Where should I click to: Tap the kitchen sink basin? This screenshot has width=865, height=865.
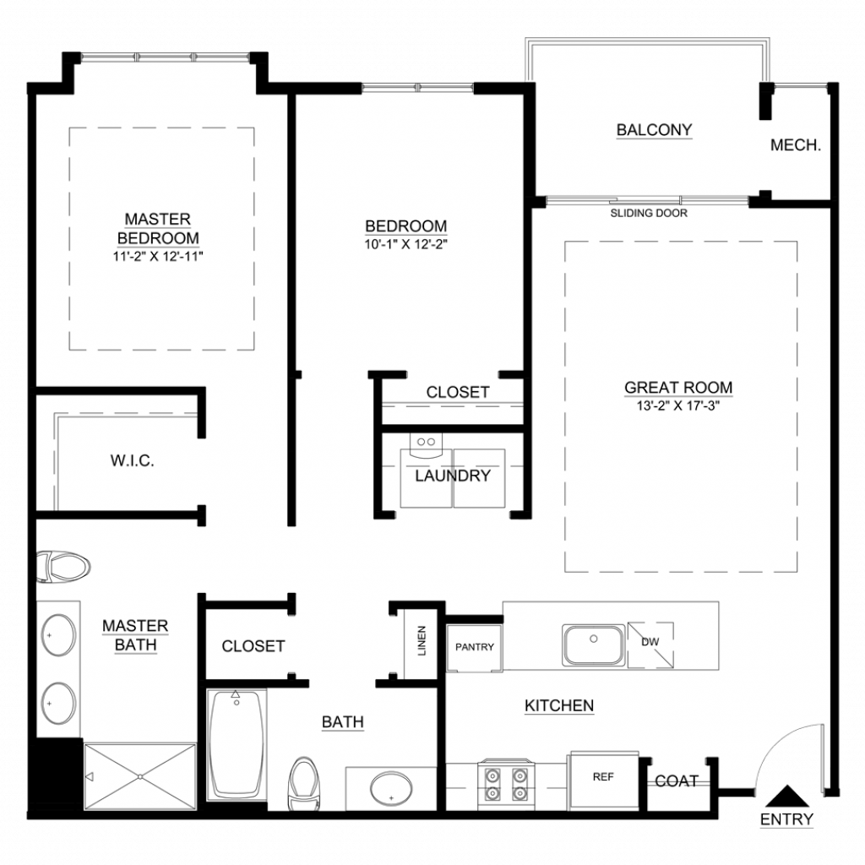tap(594, 645)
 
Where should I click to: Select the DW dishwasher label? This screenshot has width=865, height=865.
tap(650, 642)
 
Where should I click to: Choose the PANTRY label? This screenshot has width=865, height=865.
tap(475, 646)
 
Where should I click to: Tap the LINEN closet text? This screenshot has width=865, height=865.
tap(422, 640)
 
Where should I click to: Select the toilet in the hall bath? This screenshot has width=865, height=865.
tap(303, 783)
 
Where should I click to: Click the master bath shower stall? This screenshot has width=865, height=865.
tap(140, 777)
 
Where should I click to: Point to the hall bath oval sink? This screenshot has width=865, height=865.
tap(391, 789)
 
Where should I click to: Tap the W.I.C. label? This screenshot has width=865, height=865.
tap(133, 460)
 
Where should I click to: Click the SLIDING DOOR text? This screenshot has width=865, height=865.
tap(649, 213)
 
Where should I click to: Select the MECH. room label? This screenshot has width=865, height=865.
tap(796, 145)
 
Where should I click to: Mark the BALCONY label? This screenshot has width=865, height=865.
tap(655, 129)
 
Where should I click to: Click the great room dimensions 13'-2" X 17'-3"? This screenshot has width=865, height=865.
tap(678, 406)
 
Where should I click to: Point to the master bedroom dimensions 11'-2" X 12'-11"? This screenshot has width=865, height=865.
tap(158, 256)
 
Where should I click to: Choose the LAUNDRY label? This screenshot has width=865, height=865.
tap(453, 476)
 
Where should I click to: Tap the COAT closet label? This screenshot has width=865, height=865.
tap(677, 781)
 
